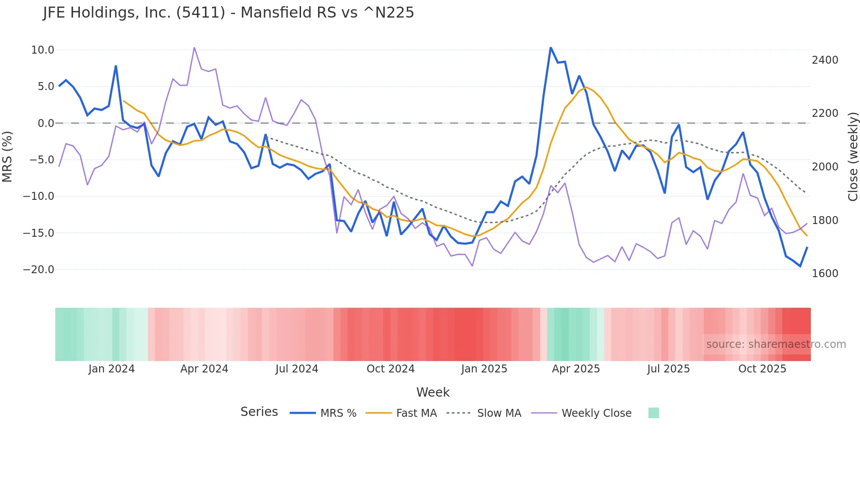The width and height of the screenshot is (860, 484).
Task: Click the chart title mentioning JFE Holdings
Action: (x=228, y=13)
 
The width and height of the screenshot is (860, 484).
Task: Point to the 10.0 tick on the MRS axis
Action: (x=43, y=50)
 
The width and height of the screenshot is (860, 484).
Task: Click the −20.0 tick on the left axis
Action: (x=39, y=270)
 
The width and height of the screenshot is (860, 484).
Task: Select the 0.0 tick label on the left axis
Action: (x=46, y=123)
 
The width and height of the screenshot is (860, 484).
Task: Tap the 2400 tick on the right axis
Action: (x=825, y=60)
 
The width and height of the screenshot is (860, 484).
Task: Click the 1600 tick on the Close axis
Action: (x=825, y=274)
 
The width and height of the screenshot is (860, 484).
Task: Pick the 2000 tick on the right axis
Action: (x=825, y=167)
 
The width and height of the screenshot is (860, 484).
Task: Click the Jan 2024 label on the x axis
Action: (x=111, y=369)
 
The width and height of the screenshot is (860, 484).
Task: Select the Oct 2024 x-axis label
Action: (x=391, y=369)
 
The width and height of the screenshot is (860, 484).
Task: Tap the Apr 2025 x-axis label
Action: (x=576, y=369)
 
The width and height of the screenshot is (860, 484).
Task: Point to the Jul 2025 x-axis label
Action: (x=668, y=369)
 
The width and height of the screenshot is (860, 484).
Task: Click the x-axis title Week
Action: (x=433, y=392)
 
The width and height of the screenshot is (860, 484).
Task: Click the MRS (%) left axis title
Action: (x=7, y=156)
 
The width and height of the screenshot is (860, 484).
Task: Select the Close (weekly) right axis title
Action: (x=853, y=156)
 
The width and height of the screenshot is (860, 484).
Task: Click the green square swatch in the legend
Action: (x=653, y=413)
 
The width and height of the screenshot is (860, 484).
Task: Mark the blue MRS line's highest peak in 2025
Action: (x=551, y=48)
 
